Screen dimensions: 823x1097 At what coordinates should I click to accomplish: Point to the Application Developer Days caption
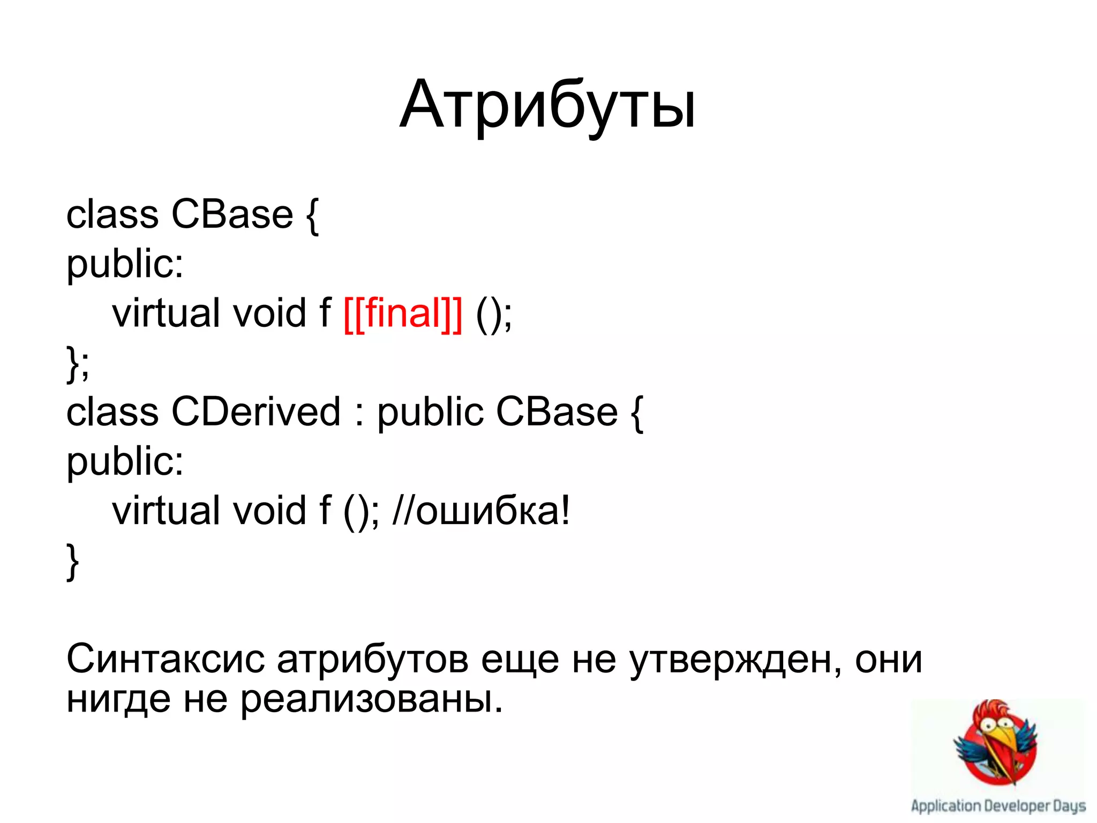(998, 806)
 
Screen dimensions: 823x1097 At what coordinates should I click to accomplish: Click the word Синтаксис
(165, 659)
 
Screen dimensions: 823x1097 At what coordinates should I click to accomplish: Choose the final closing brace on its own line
(72, 561)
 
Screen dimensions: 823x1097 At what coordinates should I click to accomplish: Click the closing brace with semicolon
(78, 363)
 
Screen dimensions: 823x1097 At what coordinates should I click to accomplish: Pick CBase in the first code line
(232, 214)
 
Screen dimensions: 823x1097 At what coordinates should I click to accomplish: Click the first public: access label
(124, 265)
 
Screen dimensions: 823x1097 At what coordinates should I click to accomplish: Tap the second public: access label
(124, 462)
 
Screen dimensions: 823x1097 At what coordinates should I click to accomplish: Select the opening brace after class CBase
(313, 215)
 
